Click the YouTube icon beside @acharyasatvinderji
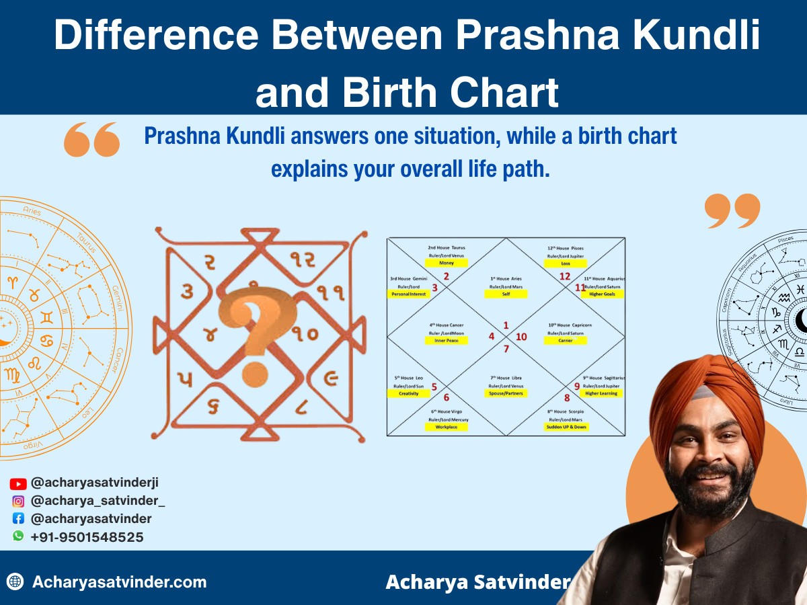tap(18, 483)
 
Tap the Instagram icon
tap(18, 501)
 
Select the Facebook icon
tap(18, 519)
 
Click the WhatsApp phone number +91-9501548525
tap(87, 537)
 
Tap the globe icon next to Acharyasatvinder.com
tap(15, 581)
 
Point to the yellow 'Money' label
tap(447, 263)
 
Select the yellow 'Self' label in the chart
tap(506, 294)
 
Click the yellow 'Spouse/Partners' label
tap(506, 393)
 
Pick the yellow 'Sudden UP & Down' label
tap(566, 426)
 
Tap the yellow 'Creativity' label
tap(408, 393)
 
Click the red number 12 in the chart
tap(565, 276)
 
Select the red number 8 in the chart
tap(567, 397)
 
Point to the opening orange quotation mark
tap(91, 140)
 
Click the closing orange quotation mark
tap(732, 211)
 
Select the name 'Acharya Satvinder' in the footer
tap(477, 582)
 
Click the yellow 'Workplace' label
tap(447, 426)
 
